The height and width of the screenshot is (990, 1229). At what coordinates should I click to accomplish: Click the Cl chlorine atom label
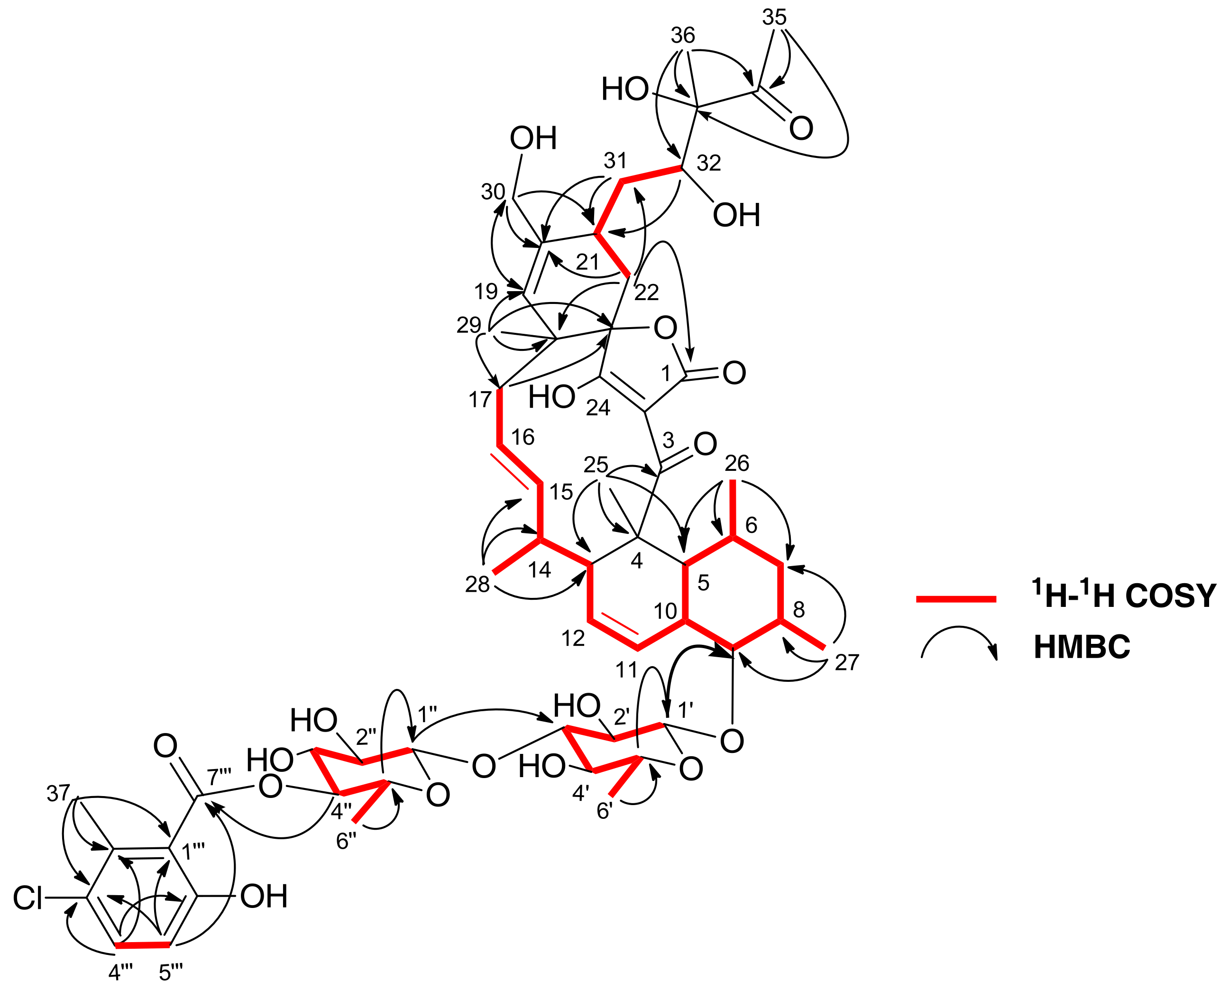[28, 898]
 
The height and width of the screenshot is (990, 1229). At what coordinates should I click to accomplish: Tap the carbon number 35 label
[774, 17]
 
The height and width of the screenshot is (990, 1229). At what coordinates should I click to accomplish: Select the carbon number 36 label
[683, 36]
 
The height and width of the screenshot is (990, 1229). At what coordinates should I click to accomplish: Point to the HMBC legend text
[1082, 647]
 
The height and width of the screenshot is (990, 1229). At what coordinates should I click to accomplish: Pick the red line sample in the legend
[956, 599]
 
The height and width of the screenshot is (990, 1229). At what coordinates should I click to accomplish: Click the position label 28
[477, 585]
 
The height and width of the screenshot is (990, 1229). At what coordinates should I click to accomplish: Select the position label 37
[58, 793]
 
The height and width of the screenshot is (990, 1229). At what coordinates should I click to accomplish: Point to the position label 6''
[346, 841]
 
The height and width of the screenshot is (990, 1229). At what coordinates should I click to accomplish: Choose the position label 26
[737, 464]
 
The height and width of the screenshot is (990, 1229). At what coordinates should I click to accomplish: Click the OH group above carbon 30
[532, 138]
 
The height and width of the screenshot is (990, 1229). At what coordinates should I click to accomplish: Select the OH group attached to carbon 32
[736, 216]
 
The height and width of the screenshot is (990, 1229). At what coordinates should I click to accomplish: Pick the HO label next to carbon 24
[551, 397]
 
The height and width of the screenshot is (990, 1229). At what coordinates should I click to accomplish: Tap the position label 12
[573, 639]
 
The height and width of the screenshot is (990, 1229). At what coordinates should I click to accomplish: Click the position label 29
[469, 326]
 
